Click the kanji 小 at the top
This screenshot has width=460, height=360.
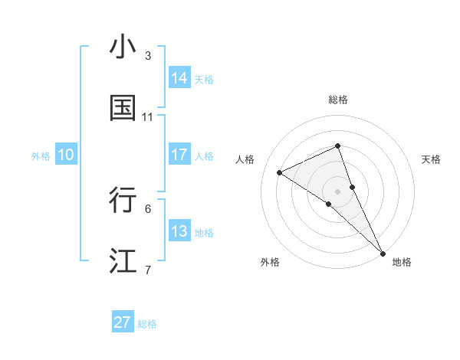(x=123, y=47)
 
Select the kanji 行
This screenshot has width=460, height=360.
(x=123, y=200)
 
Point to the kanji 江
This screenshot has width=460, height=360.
(x=123, y=261)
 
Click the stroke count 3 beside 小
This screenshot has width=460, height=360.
(x=148, y=56)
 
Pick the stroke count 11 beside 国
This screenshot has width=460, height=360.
(x=148, y=117)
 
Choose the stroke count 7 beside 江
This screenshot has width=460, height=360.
(x=148, y=270)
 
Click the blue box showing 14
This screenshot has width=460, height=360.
(x=179, y=78)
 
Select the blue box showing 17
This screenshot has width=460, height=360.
(x=179, y=155)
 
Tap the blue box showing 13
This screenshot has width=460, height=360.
(x=179, y=231)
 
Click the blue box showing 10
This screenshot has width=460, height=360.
(x=66, y=155)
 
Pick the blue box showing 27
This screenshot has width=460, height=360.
(x=123, y=322)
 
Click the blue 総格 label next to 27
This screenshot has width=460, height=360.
(x=147, y=324)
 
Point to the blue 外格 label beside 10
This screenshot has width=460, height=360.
(x=41, y=155)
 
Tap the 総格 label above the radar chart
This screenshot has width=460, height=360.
(x=338, y=100)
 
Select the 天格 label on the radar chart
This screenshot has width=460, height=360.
(x=431, y=159)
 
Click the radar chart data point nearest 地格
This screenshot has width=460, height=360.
(x=383, y=251)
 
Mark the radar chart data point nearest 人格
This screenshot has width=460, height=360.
(x=280, y=172)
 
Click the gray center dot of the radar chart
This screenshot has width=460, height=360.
(x=338, y=191)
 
